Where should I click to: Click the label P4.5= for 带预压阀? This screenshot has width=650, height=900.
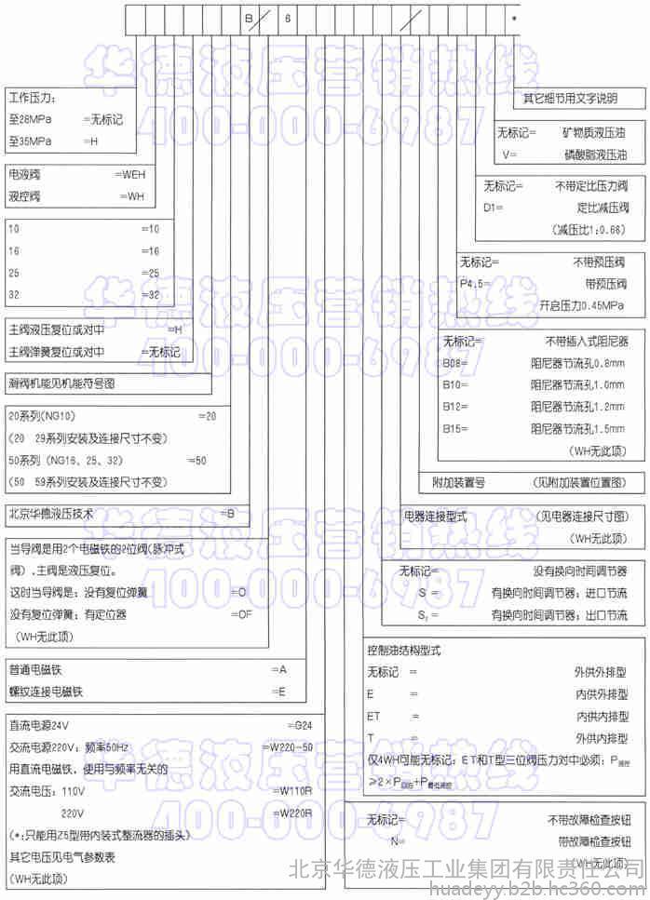tap(476, 285)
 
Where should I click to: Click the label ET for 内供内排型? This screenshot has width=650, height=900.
tap(374, 716)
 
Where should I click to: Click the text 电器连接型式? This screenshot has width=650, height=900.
tap(435, 516)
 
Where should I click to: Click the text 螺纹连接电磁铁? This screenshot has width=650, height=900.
tap(47, 692)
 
